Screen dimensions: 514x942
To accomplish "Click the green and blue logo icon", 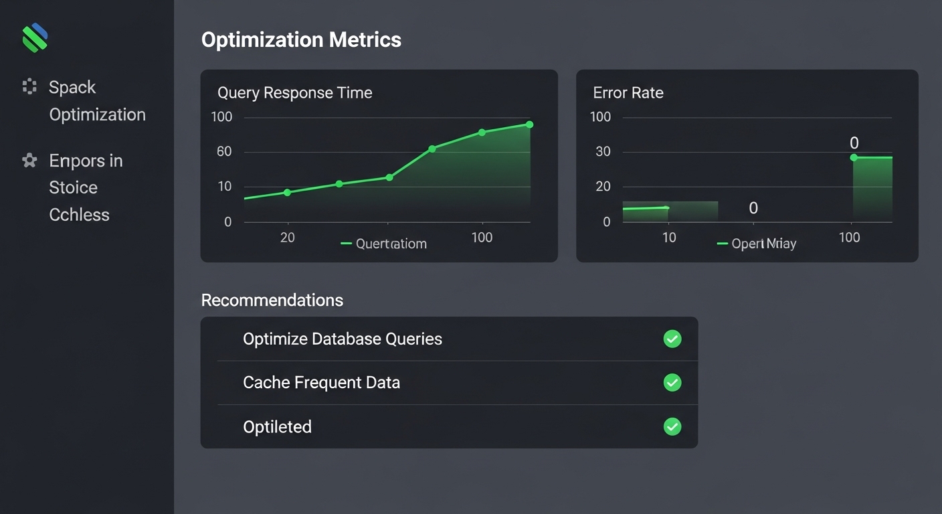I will (x=35, y=37).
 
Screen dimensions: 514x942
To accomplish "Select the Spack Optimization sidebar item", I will (x=96, y=100).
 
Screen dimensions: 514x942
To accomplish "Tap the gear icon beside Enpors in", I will (x=29, y=161).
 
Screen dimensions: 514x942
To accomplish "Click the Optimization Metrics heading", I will (x=301, y=39).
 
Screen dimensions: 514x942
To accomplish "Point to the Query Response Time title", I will (x=294, y=92).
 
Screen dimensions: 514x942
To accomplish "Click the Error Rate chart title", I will (x=628, y=92).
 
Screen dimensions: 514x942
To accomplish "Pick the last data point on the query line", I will (x=529, y=124).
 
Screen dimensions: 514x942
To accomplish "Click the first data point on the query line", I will (x=287, y=193).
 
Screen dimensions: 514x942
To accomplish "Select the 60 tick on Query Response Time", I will (x=224, y=151).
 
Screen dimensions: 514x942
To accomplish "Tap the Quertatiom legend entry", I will (x=384, y=244).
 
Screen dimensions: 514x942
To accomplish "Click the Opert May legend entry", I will (x=757, y=244).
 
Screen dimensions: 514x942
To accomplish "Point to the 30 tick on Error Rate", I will (x=603, y=151).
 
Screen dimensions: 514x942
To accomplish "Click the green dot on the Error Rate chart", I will (x=854, y=157).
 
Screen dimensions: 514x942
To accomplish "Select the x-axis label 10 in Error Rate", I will (x=668, y=237).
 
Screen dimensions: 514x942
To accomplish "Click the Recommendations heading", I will (x=272, y=300).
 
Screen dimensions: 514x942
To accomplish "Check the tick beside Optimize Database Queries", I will (x=672, y=339).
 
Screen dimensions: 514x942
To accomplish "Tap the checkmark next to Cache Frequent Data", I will (x=672, y=383).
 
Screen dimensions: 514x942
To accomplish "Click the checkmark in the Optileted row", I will (x=672, y=426).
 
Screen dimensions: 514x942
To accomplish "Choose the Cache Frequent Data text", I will (x=321, y=383).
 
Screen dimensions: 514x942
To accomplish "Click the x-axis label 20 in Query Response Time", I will (x=287, y=237).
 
